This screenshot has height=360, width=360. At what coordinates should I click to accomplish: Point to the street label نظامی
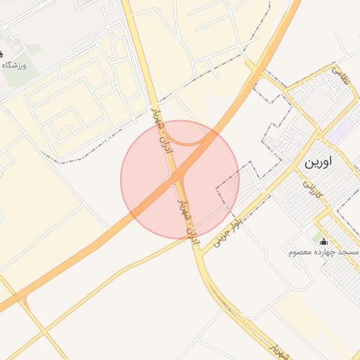340,75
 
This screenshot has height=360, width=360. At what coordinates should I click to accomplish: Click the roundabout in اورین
319,134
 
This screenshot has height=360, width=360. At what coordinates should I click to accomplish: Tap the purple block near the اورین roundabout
342,129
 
